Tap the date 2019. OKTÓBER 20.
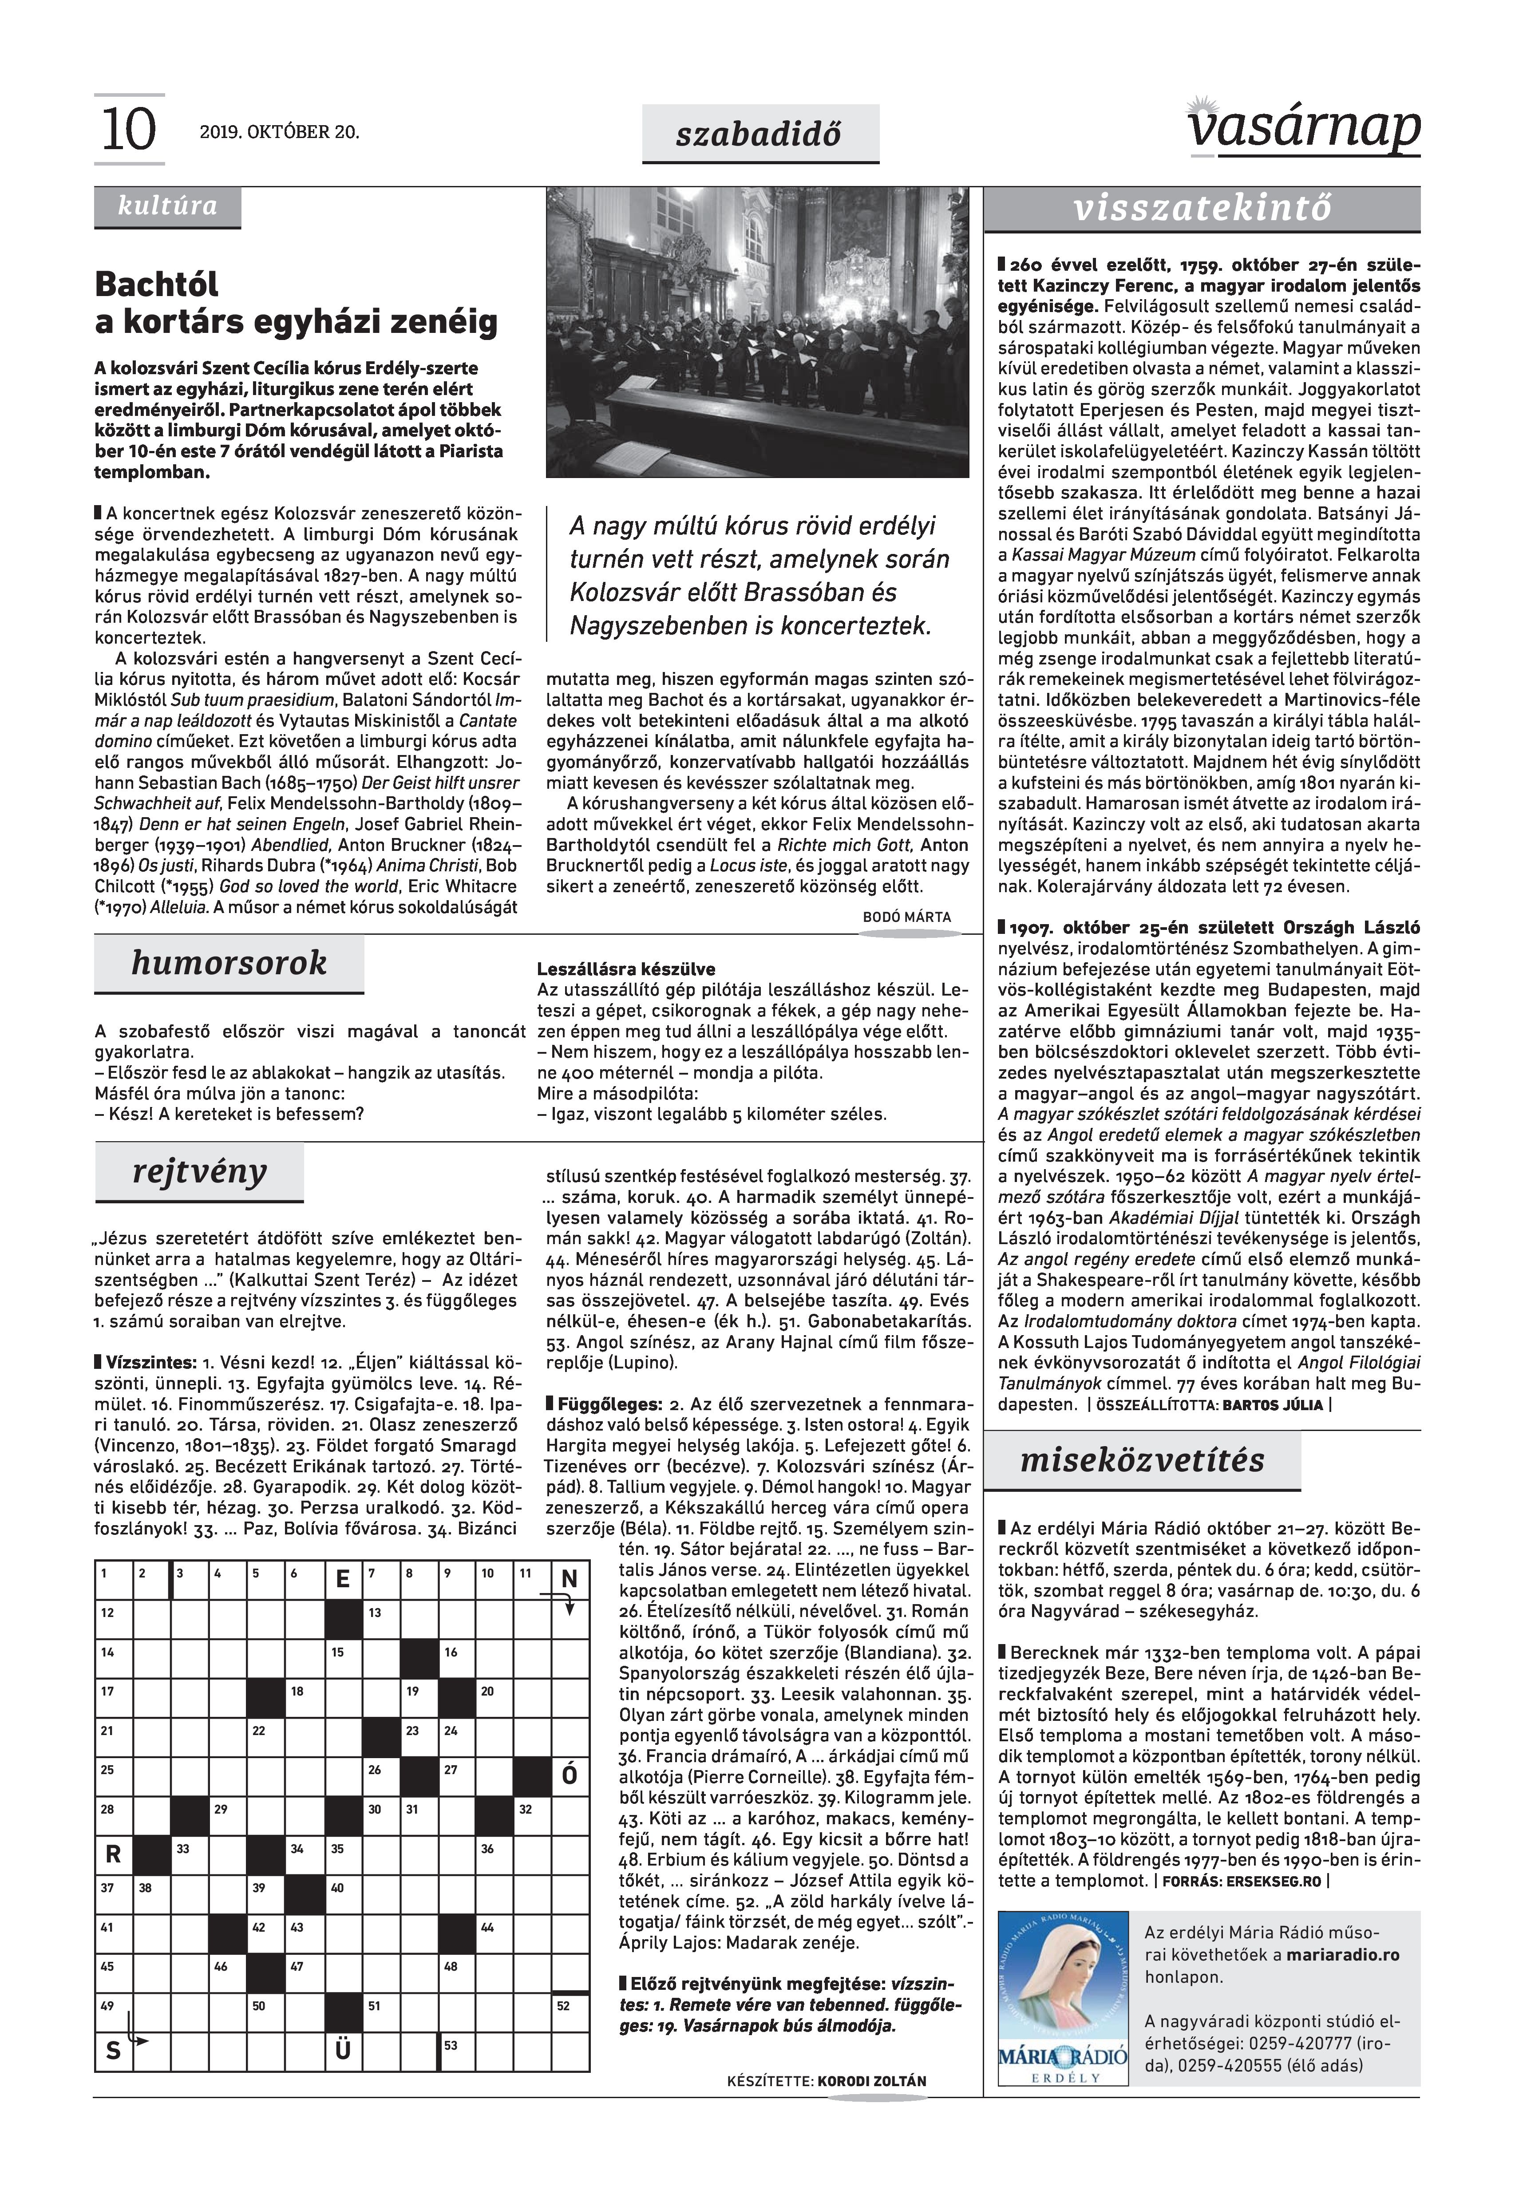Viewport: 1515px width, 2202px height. (279, 132)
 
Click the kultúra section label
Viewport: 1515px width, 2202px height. (167, 206)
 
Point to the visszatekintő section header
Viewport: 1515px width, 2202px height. (1202, 208)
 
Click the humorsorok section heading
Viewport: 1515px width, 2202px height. (229, 962)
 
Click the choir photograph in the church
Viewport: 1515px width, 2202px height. (757, 332)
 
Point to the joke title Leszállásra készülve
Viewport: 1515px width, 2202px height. (625, 969)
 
